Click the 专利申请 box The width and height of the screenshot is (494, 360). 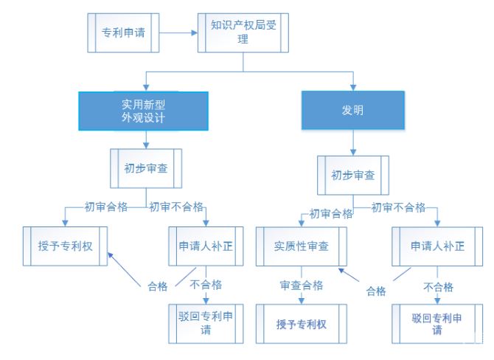(122, 32)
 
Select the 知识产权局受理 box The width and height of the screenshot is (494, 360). (243, 32)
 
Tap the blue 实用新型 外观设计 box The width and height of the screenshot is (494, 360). (145, 110)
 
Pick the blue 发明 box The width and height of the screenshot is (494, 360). (352, 110)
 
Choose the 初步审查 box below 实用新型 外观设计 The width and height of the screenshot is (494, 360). (145, 168)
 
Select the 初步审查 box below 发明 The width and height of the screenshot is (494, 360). (352, 176)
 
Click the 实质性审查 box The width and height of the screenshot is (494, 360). (301, 246)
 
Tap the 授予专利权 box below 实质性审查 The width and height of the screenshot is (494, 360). (301, 324)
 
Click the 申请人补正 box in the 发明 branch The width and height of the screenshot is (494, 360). (437, 246)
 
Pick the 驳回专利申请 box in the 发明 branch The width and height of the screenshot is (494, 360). (437, 323)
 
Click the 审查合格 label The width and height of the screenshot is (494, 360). (301, 285)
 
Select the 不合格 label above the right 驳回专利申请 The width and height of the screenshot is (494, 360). (437, 285)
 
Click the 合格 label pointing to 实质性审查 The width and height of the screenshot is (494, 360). (376, 291)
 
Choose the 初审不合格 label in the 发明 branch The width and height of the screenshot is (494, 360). (398, 207)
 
